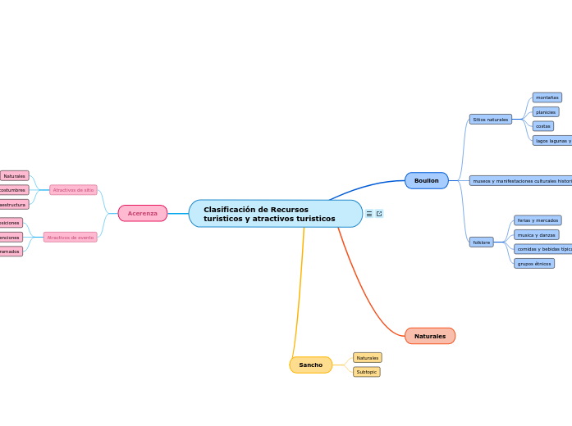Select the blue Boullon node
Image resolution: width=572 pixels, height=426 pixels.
427,180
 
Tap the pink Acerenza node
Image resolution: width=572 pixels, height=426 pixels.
143,213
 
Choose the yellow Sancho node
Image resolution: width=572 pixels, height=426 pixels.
311,365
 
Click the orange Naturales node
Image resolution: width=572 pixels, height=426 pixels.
430,336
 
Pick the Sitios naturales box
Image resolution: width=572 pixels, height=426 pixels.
490,120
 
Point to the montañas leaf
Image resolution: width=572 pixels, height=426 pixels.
547,97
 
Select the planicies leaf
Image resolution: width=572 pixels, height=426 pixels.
546,112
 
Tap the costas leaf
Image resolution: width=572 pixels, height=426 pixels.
543,126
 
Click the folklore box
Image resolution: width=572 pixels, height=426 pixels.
482,242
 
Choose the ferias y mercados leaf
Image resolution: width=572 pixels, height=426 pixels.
538,220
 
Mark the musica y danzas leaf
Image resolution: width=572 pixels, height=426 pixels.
536,235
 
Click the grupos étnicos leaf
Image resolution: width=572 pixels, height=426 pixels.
534,264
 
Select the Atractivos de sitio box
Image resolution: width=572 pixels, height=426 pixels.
73,190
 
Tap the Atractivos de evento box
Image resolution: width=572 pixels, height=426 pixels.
70,238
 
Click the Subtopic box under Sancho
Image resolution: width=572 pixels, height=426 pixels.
367,372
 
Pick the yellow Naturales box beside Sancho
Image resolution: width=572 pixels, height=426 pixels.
368,358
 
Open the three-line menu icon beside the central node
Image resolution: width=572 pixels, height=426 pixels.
369,214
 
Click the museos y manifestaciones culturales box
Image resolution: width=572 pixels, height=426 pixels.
521,180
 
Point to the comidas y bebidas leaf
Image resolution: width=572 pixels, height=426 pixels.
542,249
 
